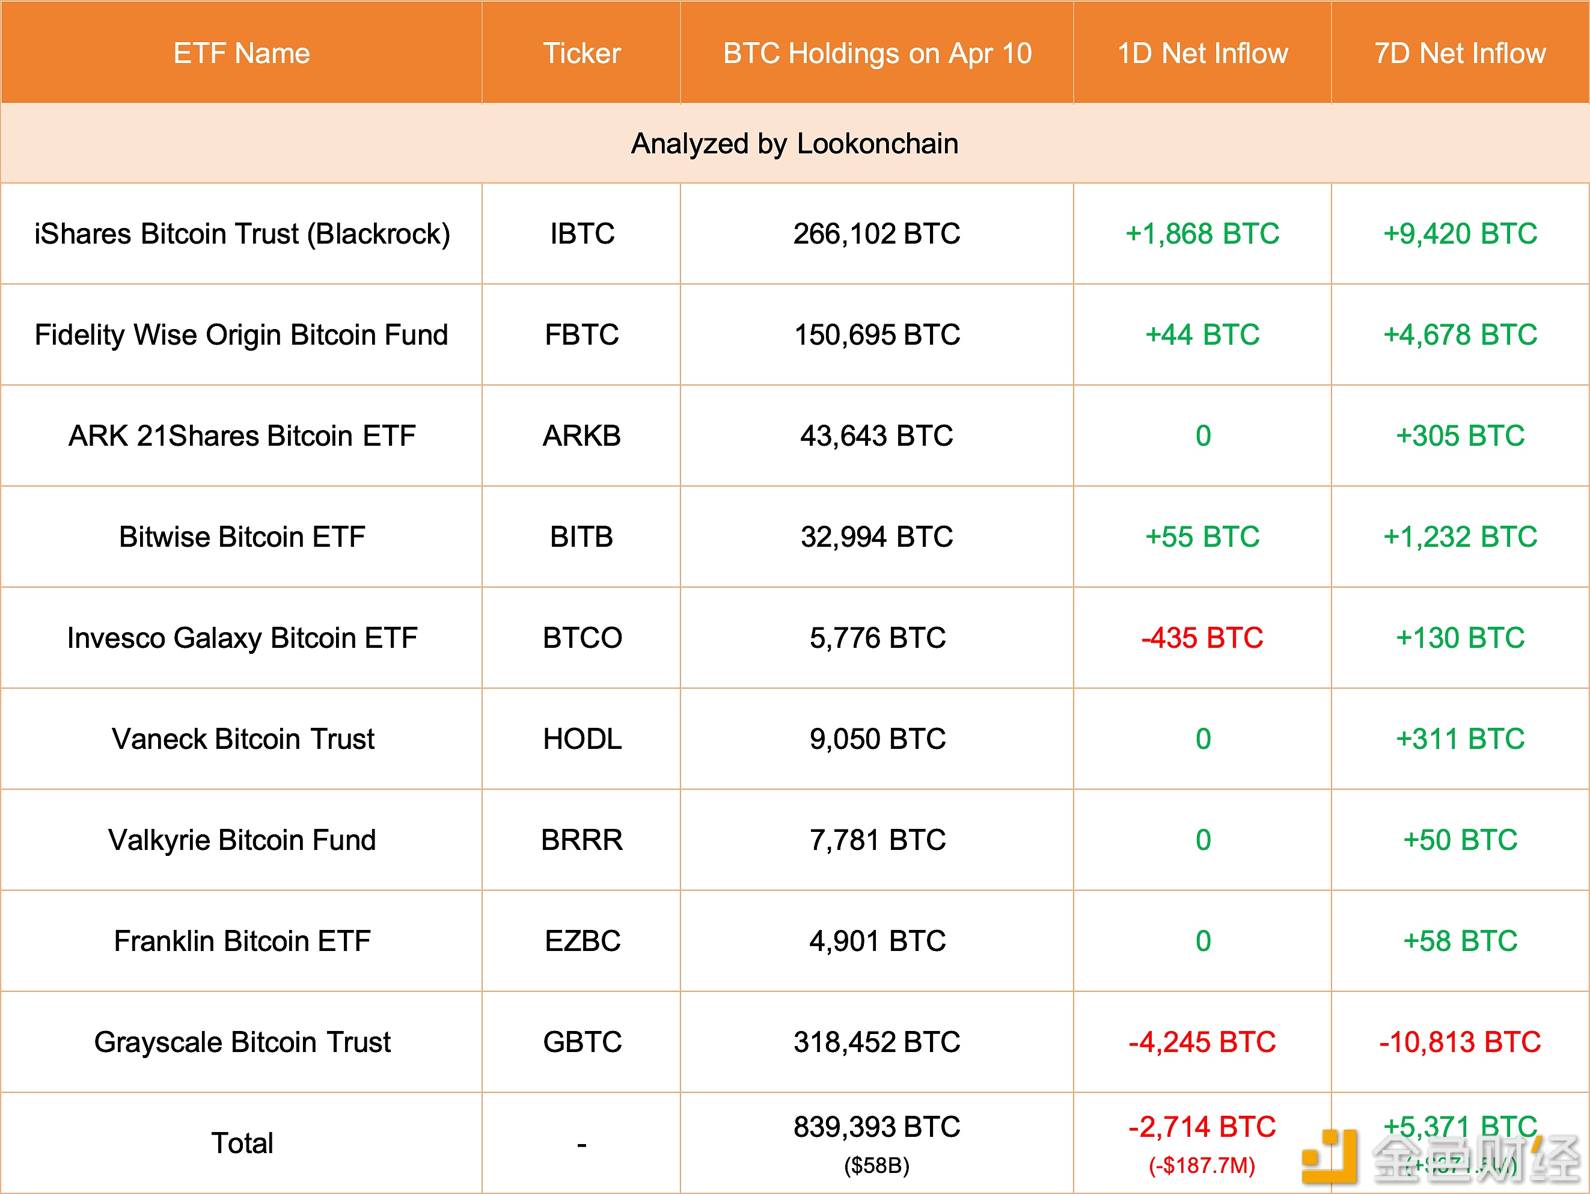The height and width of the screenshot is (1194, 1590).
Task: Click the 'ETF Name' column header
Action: (242, 53)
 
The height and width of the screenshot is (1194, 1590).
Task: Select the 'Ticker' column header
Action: (581, 53)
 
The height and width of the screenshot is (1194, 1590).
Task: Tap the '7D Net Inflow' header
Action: (1460, 53)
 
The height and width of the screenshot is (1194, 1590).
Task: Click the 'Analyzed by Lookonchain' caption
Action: (794, 144)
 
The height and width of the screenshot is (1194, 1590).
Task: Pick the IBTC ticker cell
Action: (581, 234)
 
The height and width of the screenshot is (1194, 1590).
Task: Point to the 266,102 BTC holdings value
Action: (876, 234)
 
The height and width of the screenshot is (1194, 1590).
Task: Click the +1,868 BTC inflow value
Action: (1202, 234)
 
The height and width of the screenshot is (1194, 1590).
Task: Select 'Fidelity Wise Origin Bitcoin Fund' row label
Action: (242, 335)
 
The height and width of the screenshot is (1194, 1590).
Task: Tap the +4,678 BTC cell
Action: (1460, 335)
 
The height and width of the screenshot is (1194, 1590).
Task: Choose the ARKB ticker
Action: (581, 436)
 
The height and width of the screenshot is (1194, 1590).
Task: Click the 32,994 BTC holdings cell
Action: (876, 537)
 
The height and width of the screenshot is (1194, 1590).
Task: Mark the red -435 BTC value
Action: (1202, 638)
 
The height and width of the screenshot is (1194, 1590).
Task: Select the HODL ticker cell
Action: (581, 739)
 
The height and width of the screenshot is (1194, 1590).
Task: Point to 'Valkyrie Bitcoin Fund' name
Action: (242, 840)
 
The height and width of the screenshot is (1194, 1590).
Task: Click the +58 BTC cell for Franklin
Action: (1460, 941)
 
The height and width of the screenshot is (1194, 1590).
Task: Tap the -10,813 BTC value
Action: (1460, 1042)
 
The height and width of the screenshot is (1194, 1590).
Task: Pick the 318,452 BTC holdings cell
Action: (876, 1042)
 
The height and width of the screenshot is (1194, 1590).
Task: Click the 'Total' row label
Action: (242, 1143)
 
